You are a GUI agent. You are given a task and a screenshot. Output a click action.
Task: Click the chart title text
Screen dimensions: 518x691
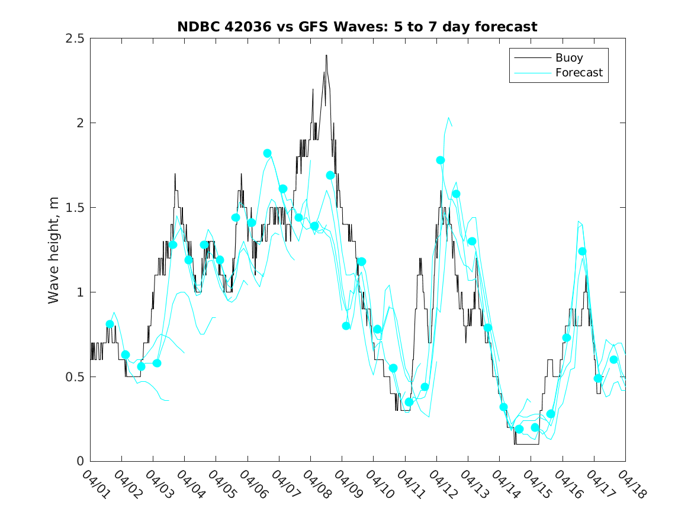pyautogui.click(x=358, y=27)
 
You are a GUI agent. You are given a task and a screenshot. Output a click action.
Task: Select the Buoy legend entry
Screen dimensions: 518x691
pyautogui.click(x=568, y=58)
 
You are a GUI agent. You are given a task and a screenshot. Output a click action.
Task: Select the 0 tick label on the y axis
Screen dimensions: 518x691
pyautogui.click(x=80, y=462)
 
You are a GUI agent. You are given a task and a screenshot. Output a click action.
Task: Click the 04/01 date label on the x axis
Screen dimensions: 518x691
pyautogui.click(x=95, y=483)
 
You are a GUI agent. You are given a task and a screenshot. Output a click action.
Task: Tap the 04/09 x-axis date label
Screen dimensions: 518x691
pyautogui.click(x=346, y=483)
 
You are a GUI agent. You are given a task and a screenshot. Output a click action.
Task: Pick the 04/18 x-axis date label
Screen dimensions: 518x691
pyautogui.click(x=629, y=483)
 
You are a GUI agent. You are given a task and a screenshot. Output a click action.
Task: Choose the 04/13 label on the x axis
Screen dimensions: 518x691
pyautogui.click(x=473, y=483)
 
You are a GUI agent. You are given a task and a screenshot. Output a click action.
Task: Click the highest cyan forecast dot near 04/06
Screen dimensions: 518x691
pyautogui.click(x=267, y=153)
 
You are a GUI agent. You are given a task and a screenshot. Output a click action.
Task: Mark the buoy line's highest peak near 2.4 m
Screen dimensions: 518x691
pyautogui.click(x=326, y=56)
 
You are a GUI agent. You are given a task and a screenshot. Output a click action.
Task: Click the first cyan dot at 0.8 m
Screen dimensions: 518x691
pyautogui.click(x=110, y=324)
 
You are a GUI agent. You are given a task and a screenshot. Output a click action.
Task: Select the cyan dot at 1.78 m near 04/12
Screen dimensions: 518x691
pyautogui.click(x=440, y=160)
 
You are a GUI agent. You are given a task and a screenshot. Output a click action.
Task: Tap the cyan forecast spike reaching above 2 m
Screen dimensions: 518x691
pyautogui.click(x=449, y=118)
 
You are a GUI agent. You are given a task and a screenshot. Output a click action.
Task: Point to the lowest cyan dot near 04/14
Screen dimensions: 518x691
pyautogui.click(x=519, y=429)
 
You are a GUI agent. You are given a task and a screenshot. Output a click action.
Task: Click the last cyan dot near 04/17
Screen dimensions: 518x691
pyautogui.click(x=613, y=359)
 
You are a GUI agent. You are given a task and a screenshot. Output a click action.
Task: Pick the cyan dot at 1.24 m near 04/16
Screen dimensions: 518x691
pyautogui.click(x=582, y=251)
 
